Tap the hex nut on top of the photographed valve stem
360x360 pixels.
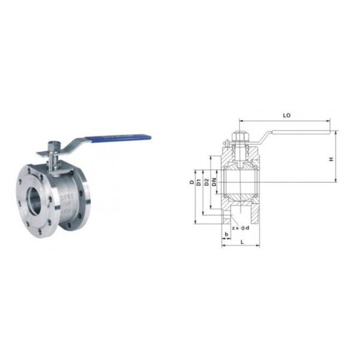(52, 145)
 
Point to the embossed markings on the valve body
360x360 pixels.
(70, 201)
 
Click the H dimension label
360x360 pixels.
(331, 158)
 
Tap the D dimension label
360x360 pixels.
(191, 182)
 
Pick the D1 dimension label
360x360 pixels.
(199, 182)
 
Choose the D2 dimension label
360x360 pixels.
(206, 182)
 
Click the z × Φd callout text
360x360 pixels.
(240, 228)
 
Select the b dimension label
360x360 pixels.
(226, 233)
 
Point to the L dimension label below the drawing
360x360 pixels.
(241, 241)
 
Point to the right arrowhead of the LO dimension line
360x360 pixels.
(329, 119)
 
